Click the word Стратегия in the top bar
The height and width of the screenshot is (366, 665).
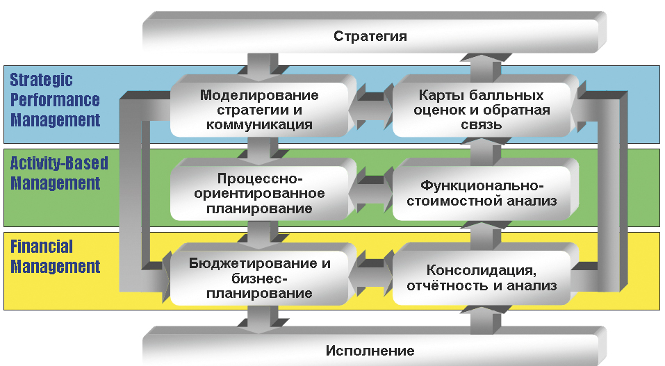370,36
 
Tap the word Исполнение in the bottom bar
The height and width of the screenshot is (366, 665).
370,351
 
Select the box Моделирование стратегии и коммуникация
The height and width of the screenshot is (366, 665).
259,110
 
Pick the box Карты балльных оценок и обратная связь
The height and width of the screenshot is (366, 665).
482,110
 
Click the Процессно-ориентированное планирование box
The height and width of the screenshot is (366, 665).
259,193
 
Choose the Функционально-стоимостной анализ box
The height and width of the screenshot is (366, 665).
482,193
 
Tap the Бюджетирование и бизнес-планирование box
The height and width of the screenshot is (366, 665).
259,278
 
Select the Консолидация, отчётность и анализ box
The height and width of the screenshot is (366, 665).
482,278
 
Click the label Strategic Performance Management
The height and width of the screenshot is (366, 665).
55,100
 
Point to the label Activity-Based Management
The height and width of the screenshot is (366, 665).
59,174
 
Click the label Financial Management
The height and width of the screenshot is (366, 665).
55,256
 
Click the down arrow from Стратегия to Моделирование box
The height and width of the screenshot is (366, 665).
259,67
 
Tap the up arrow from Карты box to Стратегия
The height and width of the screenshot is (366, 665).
486,67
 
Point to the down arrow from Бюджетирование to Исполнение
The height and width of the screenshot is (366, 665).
259,319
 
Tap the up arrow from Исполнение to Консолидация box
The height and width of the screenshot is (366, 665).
486,319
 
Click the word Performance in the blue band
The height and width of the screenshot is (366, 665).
55,100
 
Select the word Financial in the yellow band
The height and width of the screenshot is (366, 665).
42,247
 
